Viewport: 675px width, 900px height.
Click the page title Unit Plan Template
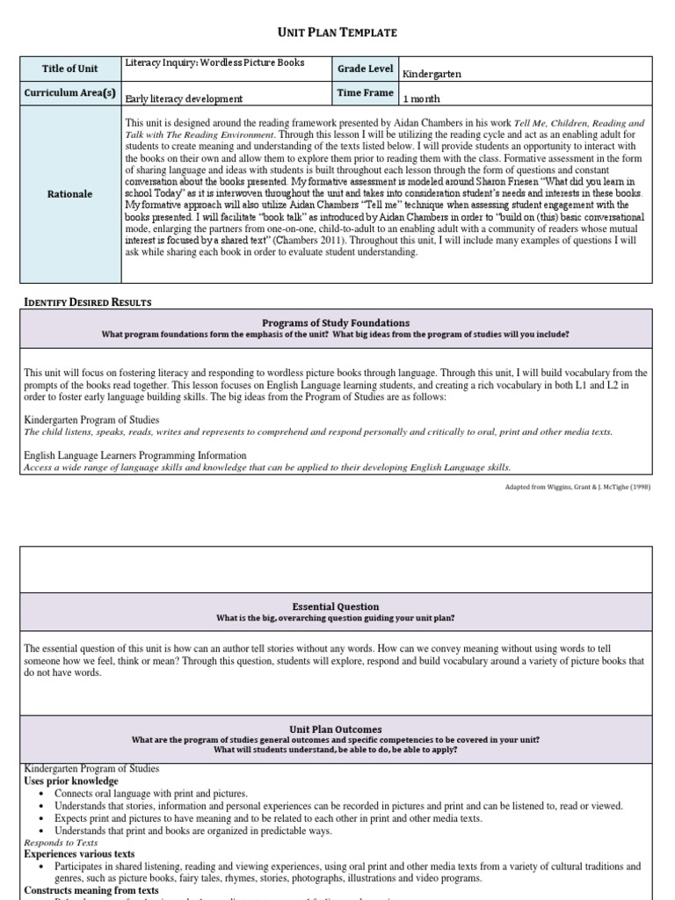point(337,33)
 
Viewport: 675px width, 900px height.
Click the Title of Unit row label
point(69,69)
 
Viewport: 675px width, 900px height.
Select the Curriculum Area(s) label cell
point(69,93)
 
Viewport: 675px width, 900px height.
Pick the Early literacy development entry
point(185,99)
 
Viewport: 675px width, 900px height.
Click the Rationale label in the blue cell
point(69,194)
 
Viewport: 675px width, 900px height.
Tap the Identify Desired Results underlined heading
point(87,302)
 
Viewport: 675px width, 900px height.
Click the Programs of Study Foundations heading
point(337,323)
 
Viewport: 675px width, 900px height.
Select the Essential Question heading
point(337,606)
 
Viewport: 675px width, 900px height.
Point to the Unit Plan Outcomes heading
point(337,729)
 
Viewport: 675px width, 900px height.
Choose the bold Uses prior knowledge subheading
point(71,780)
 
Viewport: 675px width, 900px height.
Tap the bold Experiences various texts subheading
point(79,853)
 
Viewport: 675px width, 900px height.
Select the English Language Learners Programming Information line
point(135,455)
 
